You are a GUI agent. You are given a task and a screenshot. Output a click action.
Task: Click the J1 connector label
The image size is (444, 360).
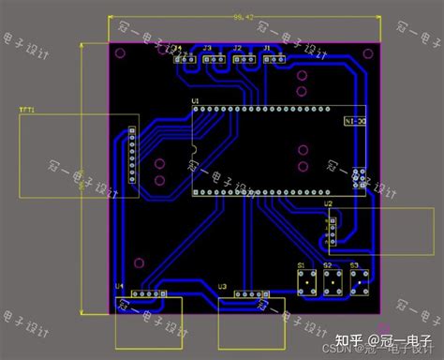pos(267,47)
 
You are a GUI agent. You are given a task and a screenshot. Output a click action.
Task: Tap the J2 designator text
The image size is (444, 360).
pos(237,47)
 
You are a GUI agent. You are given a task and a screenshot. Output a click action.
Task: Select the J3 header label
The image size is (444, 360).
pos(207,47)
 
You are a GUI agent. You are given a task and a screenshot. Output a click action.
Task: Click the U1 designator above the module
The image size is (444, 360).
pos(195,100)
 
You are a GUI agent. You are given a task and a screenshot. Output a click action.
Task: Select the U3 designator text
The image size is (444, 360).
pos(222,286)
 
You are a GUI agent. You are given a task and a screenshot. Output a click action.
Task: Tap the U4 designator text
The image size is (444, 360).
pos(119,286)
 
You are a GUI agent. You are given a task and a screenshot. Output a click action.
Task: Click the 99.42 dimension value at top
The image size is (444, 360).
pos(243,17)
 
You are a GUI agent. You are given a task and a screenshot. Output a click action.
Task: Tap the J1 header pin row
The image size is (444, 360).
pos(277,58)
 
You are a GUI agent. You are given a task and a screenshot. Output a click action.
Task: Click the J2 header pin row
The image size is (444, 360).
pos(247,58)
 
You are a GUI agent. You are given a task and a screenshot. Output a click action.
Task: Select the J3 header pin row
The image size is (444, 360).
pos(215,58)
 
